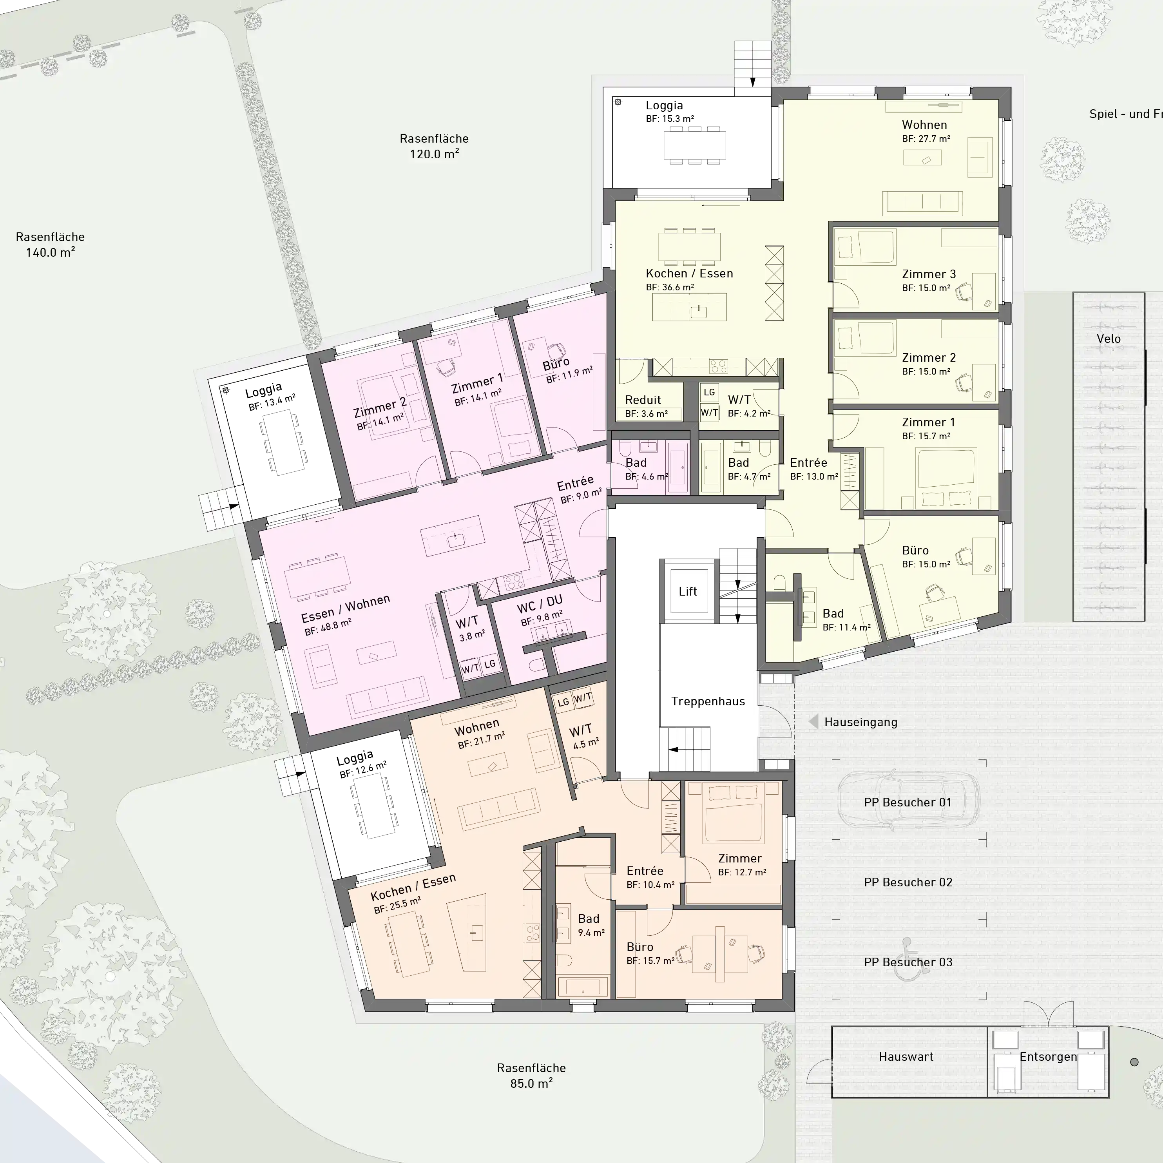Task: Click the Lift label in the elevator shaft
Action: coord(687,591)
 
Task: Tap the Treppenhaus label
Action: coord(708,701)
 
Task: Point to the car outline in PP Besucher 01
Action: coord(908,803)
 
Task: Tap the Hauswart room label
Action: coord(906,1056)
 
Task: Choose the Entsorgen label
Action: coord(1048,1056)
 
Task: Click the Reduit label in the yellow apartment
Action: coord(643,400)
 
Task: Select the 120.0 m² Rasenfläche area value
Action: coord(434,154)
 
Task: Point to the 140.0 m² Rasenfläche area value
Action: coord(50,252)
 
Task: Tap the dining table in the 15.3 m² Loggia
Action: coord(695,145)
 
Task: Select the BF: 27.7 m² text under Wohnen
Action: coord(926,138)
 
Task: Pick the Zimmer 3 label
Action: coord(929,274)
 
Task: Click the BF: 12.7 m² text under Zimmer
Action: coord(742,872)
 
